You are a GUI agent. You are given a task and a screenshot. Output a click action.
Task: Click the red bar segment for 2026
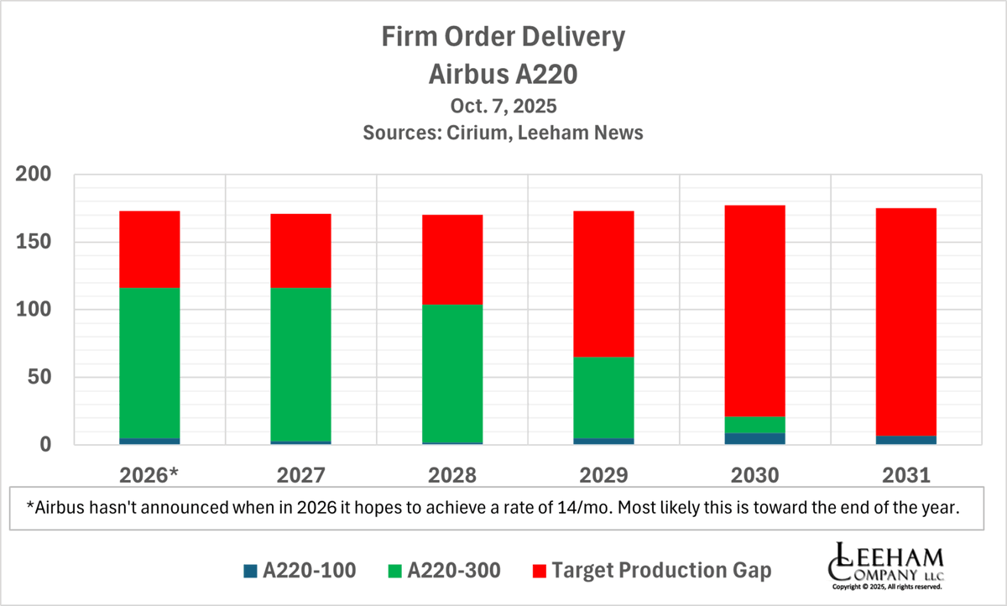(x=149, y=249)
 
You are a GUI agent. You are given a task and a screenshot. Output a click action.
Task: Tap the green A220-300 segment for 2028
(x=452, y=374)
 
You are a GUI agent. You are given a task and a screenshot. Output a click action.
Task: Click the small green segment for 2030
(x=754, y=425)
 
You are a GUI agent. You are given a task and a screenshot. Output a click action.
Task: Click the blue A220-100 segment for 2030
(x=754, y=438)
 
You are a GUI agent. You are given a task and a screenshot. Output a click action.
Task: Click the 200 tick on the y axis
(x=34, y=175)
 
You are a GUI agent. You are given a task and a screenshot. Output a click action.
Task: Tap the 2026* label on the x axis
(x=149, y=476)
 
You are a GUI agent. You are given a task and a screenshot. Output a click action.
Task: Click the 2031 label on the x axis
(x=905, y=476)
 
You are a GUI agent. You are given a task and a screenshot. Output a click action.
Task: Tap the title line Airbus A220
(x=503, y=74)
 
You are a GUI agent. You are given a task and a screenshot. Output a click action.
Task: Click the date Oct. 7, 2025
(x=503, y=107)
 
